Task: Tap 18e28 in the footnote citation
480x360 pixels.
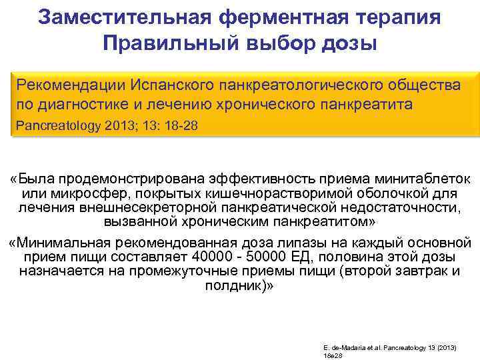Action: [x=332, y=356]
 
